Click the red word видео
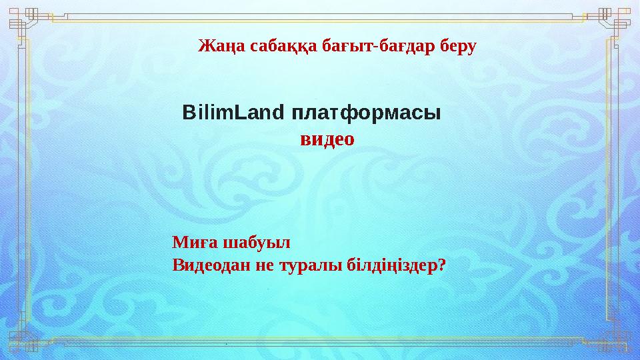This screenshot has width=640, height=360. coord(327,139)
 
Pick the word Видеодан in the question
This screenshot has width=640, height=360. coord(208,265)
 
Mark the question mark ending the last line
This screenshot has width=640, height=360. coord(442,265)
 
